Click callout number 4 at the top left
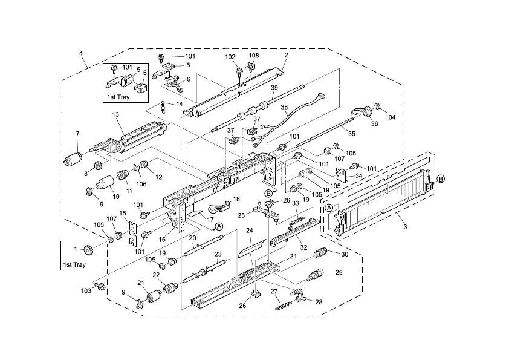coord(81,53)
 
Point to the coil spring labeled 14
coord(163,107)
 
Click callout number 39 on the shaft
coord(274,88)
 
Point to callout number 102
coord(230,57)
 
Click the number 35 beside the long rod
coord(351,133)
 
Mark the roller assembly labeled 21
coord(154,297)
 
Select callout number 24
coord(248,231)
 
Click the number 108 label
coord(254,56)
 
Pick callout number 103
coord(87,291)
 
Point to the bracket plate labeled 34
coord(342,175)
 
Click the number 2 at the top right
coord(286,56)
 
